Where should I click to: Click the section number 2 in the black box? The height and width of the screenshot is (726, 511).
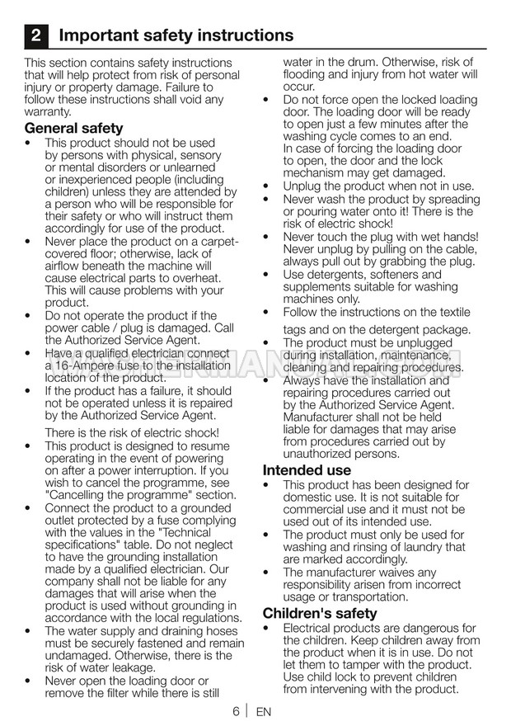pyautogui.click(x=35, y=35)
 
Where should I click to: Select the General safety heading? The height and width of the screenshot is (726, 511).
pyautogui.click(x=73, y=128)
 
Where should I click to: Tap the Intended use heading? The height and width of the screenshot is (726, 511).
pyautogui.click(x=307, y=469)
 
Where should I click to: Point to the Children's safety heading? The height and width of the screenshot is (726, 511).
pyautogui.click(x=320, y=613)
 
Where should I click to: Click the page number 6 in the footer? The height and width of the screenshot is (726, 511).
pyautogui.click(x=236, y=711)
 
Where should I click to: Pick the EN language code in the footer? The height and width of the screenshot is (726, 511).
pyautogui.click(x=264, y=711)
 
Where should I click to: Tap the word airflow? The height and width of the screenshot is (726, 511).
pyautogui.click(x=66, y=266)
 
